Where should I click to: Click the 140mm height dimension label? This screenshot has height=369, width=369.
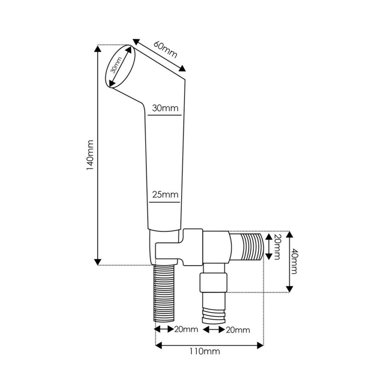91,155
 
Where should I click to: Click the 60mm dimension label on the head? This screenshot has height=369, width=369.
166,49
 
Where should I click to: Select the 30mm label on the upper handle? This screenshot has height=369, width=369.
165,108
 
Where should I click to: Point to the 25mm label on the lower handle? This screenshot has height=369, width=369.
164,194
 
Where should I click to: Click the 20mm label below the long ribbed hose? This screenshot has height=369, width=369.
186,329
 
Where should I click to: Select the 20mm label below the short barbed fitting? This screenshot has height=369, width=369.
238,330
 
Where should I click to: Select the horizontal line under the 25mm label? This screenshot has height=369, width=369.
164,201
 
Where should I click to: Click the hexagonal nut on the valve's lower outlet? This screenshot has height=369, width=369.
213,282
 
